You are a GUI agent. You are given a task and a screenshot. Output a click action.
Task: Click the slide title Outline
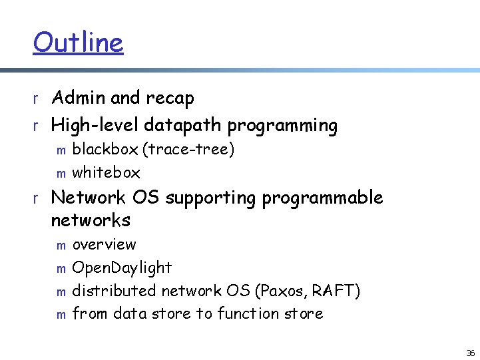pos(78,43)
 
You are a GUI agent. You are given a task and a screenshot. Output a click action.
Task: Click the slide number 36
pos(470,353)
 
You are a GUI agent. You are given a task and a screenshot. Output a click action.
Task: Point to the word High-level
pos(95,125)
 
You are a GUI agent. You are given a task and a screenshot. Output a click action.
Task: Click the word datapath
pos(183,125)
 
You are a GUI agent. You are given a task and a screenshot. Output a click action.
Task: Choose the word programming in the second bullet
pos(282,125)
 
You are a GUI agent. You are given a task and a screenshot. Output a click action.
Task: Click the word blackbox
pos(105,149)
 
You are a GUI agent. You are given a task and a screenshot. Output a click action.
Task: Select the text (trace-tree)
pos(188,150)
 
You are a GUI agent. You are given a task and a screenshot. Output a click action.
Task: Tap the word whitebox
pos(106,172)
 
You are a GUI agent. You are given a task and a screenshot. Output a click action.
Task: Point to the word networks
pos(91,220)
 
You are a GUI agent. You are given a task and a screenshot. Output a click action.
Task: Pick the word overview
pos(104,245)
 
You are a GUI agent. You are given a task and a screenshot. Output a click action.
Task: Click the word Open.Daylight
pos(122,268)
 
